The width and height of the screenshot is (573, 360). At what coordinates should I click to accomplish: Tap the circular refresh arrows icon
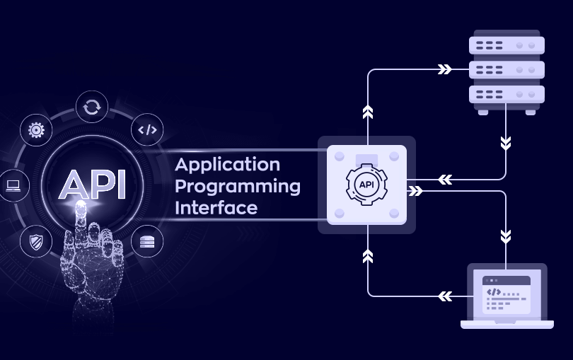91,107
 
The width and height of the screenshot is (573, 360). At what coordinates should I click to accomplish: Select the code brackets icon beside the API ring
147,129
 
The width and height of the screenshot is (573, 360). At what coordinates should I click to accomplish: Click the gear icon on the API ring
36,129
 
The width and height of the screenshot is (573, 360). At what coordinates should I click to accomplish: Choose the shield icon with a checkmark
36,241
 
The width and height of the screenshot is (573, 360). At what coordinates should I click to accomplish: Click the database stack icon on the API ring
147,241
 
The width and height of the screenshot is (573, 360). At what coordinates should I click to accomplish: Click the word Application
227,165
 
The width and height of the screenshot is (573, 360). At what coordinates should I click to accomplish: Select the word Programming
237,187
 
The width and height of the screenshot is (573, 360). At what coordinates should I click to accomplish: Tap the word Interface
216,208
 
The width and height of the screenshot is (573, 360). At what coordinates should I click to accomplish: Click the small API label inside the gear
366,185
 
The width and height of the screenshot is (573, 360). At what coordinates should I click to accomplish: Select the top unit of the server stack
507,45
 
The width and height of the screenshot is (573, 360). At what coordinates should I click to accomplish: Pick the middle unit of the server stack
507,70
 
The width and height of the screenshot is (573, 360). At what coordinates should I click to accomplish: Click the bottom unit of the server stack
507,94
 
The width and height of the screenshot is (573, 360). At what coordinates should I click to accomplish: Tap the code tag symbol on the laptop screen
494,291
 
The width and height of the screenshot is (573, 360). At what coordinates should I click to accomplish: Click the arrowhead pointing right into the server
444,69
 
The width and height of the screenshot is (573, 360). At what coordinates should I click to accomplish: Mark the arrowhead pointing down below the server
506,143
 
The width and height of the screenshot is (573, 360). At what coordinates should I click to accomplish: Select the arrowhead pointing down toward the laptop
506,235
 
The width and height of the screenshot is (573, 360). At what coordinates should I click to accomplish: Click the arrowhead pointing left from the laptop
444,295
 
